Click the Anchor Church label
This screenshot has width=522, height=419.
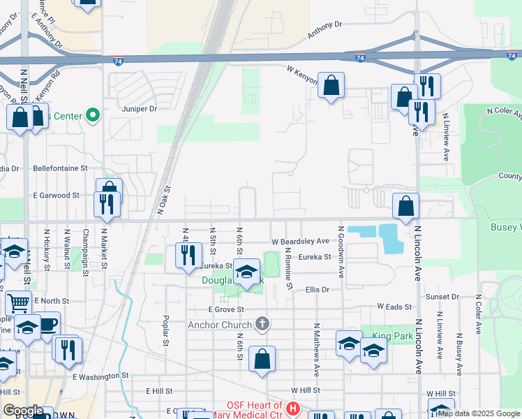(x=221, y=325)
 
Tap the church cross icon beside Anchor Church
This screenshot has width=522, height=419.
(x=262, y=323)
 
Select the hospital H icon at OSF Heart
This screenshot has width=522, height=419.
(x=293, y=407)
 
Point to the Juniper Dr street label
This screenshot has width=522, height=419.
(x=140, y=109)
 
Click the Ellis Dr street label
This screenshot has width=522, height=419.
(x=317, y=288)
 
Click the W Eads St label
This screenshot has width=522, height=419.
(x=396, y=306)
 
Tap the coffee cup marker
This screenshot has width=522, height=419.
(x=47, y=325)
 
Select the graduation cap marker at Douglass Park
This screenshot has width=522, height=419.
(x=246, y=272)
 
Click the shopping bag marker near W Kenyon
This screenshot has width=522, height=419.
(x=331, y=86)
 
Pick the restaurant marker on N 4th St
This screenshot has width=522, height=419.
(x=187, y=256)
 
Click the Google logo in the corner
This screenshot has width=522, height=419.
(x=22, y=411)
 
